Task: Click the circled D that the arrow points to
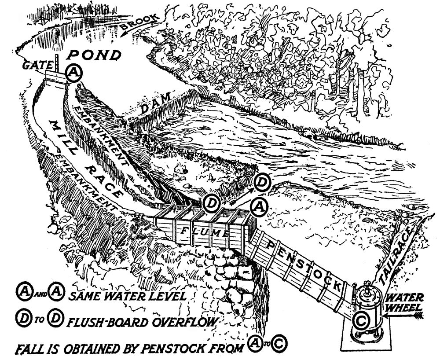[261, 182]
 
